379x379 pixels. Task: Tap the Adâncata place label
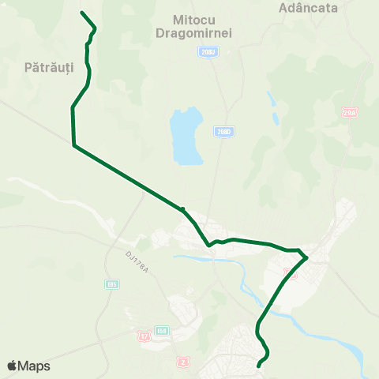coord(309,8)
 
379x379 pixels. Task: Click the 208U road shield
coord(207,51)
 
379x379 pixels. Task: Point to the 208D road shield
coord(223,132)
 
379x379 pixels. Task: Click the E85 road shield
coord(111,283)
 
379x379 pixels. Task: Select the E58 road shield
coord(162,331)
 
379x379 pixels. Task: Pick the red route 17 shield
coord(144,336)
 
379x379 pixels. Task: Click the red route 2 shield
coord(183,360)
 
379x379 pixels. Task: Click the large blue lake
coord(186,136)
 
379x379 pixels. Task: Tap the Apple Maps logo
coord(28,366)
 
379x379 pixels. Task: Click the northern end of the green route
coord(82,13)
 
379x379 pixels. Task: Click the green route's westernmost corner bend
coord(73,145)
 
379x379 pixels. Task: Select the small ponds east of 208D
coord(272,100)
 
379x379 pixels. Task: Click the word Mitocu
coord(193,17)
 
